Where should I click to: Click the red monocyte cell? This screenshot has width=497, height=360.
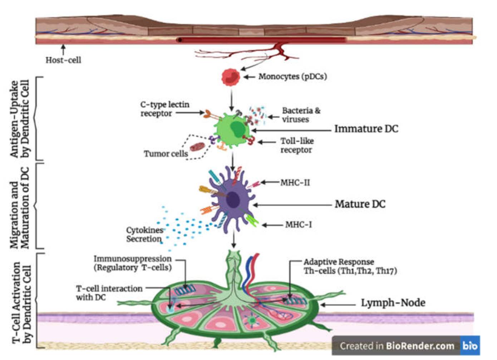231,77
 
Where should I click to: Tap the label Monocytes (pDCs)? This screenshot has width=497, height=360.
292,77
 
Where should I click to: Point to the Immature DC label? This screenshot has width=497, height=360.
366,129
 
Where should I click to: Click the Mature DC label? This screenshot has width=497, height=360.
360,204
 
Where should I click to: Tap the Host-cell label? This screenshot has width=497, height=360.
63,60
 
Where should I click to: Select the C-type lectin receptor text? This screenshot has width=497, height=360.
164,109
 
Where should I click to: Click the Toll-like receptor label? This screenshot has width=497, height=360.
297,146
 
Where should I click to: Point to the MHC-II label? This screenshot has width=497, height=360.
295,183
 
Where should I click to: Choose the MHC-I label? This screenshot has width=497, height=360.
298,225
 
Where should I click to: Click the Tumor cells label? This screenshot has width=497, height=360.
166,154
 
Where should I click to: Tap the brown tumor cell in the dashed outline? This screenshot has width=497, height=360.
197,147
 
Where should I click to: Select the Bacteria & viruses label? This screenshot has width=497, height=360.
301,115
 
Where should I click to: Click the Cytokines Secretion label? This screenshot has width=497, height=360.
144,235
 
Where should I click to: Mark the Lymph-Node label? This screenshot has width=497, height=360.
393,303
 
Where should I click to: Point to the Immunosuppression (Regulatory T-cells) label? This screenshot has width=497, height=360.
133,263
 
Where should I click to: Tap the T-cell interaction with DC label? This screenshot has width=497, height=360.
109,293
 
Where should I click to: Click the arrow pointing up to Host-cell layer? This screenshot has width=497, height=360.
63,49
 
